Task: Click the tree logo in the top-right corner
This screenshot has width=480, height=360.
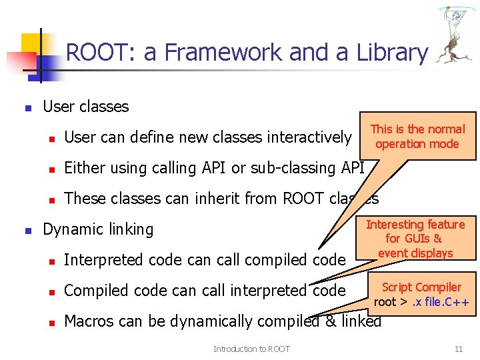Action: click(456, 36)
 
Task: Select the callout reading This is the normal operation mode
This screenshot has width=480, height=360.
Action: click(417, 137)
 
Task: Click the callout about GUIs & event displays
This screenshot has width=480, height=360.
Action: click(415, 239)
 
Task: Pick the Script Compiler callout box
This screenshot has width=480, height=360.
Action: click(421, 293)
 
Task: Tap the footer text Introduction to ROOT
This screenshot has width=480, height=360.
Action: click(251, 349)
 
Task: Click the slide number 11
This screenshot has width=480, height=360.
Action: click(457, 349)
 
